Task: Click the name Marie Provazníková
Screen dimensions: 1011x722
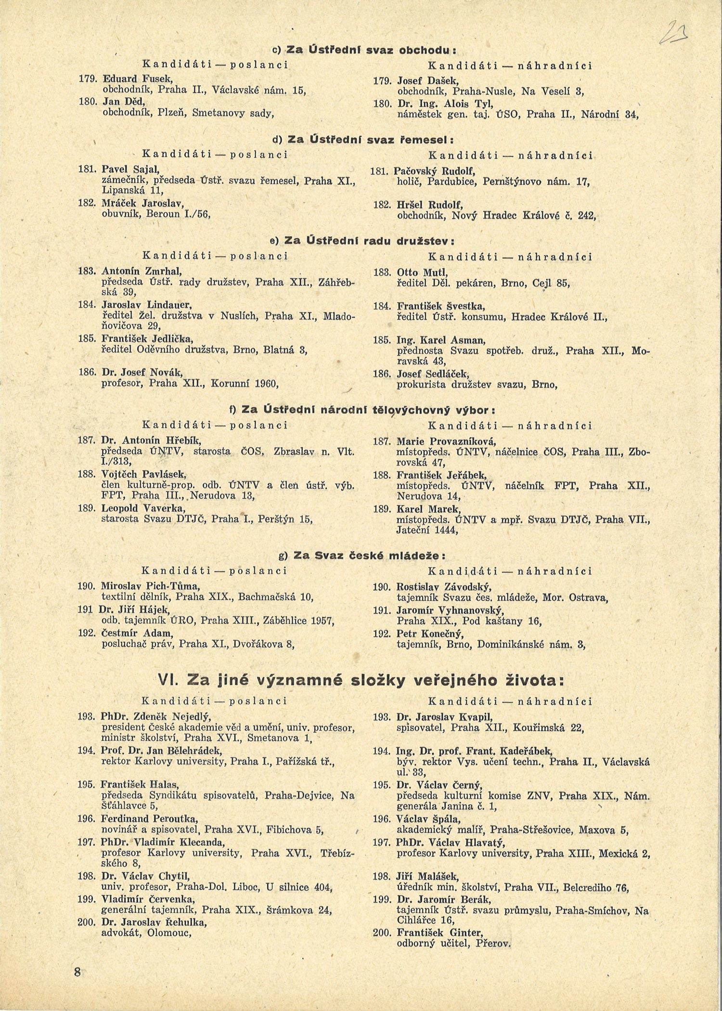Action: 446,441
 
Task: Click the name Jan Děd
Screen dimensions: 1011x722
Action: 124,102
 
